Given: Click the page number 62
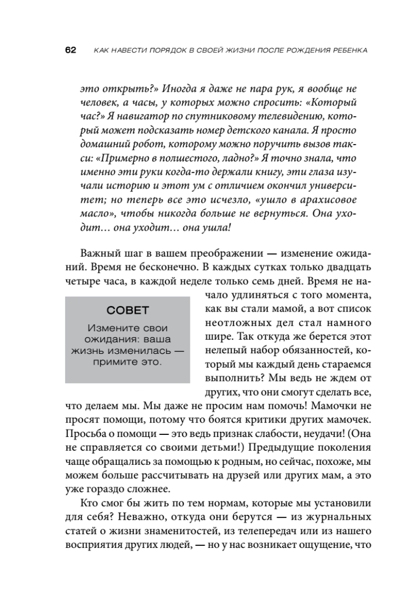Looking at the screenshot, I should click(70, 50).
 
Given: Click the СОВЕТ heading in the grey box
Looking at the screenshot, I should click(128, 311).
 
